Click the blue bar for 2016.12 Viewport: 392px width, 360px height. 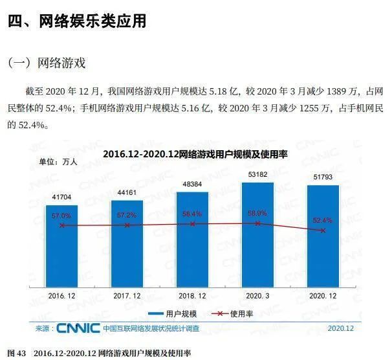point(62,246)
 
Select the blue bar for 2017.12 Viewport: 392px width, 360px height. point(127,243)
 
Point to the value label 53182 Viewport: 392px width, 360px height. point(257,175)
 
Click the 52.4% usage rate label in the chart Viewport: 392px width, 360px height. point(322,219)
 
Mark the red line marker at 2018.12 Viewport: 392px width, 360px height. point(192,224)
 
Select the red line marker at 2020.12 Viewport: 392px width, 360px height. point(322,230)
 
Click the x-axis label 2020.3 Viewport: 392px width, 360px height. point(257,295)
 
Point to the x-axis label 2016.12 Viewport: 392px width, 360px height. point(62,295)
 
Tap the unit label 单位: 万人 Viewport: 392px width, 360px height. point(58,162)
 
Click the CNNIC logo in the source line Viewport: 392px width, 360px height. point(78,328)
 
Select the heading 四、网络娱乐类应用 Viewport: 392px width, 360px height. point(77,21)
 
